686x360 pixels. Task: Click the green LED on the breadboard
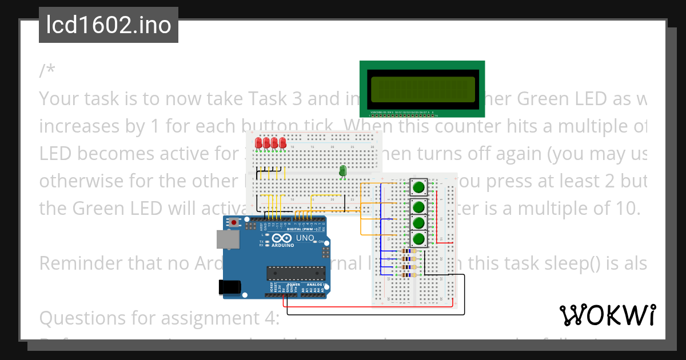[343, 170]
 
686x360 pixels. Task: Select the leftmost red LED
[259, 142]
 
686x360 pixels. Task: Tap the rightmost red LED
[283, 142]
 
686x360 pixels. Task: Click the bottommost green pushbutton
[419, 238]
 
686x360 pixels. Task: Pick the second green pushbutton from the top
[419, 206]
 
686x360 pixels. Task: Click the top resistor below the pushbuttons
[407, 251]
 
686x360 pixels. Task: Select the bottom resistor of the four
[407, 275]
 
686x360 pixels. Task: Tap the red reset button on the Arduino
[233, 222]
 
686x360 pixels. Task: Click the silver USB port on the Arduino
[227, 239]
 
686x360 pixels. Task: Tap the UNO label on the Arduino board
[305, 238]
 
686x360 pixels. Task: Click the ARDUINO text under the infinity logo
[283, 246]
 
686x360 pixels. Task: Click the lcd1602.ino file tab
[109, 25]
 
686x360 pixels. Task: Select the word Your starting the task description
[59, 99]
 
